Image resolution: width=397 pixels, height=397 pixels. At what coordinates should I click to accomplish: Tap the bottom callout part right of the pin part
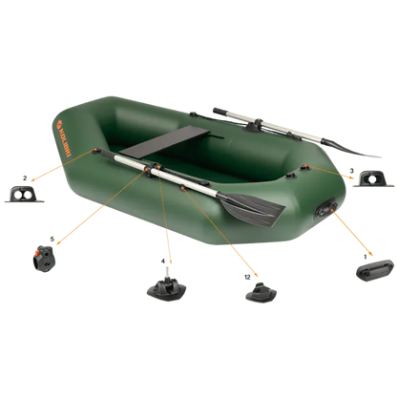tap(258, 290)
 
